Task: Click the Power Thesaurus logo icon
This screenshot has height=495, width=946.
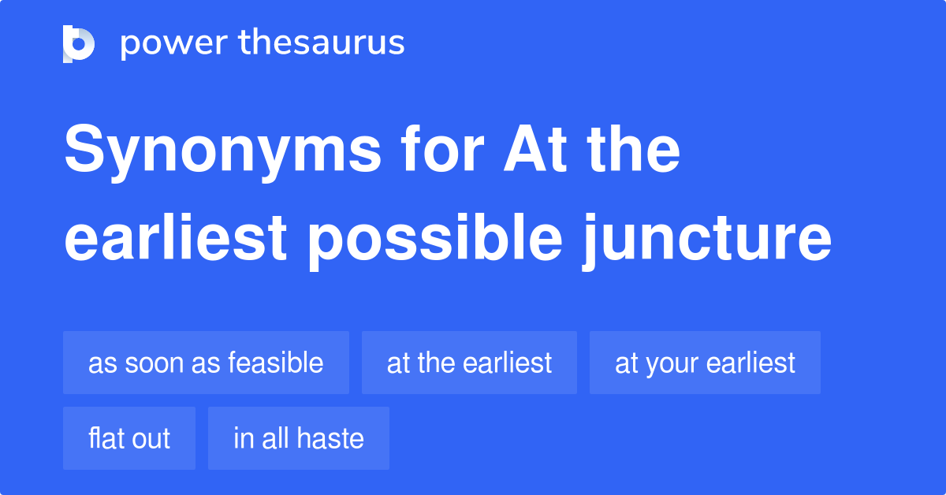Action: [79, 43]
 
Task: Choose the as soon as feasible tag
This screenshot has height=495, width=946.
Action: [206, 363]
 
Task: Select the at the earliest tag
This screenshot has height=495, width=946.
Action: [469, 363]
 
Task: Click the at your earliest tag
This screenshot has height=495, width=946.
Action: [705, 363]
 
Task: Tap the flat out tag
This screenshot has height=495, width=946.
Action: [129, 438]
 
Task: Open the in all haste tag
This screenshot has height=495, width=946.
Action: [299, 438]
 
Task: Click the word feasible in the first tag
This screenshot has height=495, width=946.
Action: [275, 363]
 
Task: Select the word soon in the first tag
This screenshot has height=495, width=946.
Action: [152, 363]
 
